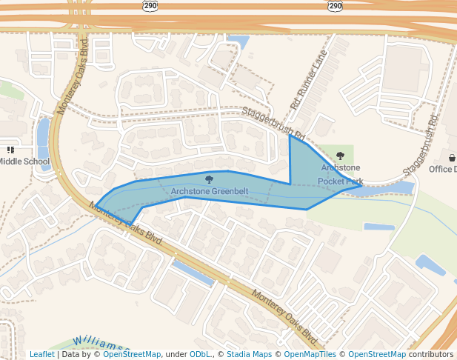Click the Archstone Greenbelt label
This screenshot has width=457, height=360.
[x=209, y=192]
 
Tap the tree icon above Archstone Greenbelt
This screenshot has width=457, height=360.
[x=209, y=180]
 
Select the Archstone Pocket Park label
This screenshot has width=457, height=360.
[x=341, y=174]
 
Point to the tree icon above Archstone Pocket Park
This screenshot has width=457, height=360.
[x=340, y=156]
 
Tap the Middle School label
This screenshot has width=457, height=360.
[x=24, y=161]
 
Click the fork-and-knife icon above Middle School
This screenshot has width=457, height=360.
[x=10, y=150]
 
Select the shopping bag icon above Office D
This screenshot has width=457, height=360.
[x=451, y=157]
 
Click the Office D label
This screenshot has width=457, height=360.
[x=443, y=169]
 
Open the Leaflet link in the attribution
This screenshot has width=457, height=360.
[x=41, y=354]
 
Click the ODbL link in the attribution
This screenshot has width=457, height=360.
[x=200, y=354]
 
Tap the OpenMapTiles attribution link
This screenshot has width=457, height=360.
[x=310, y=354]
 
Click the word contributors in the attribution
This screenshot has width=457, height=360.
[x=430, y=354]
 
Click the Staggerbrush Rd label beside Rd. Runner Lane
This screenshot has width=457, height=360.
[x=274, y=124]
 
